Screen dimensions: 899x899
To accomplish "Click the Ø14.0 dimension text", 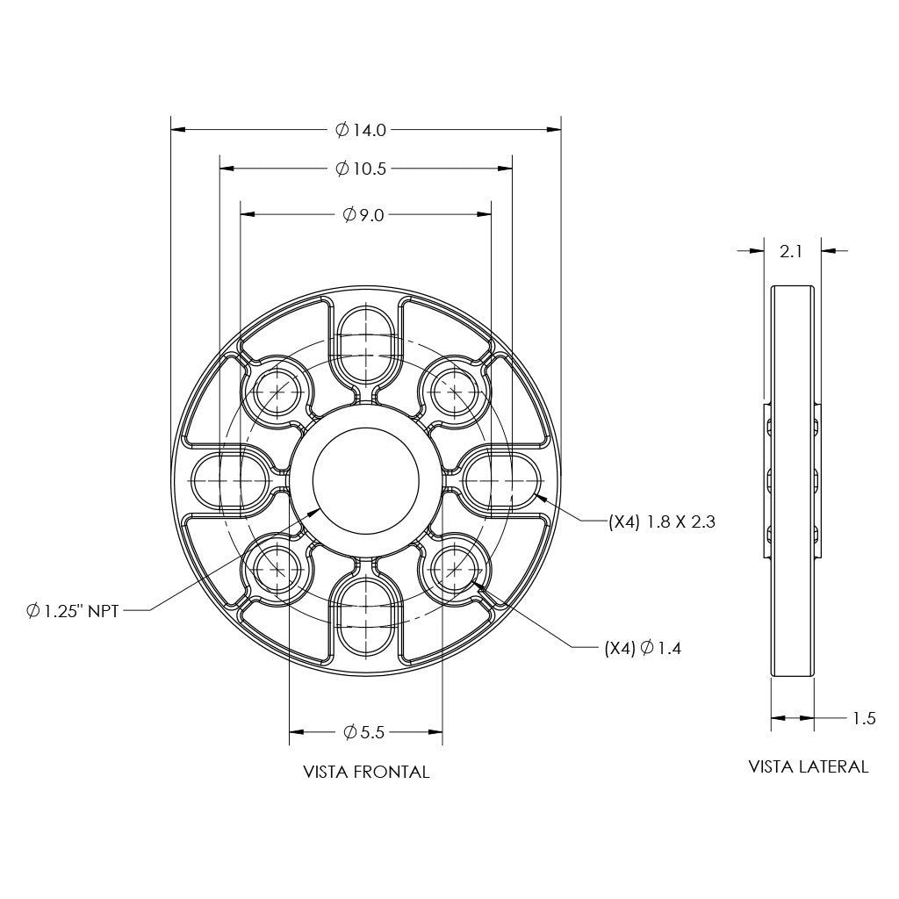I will point(360,130).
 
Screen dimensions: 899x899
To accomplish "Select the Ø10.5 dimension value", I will point(361,169).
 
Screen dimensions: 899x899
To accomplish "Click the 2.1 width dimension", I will point(791,251).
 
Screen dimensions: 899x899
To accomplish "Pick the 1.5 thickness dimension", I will point(864,718).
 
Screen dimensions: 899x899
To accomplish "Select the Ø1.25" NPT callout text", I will point(72,610).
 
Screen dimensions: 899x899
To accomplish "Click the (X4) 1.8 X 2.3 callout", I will point(662,521).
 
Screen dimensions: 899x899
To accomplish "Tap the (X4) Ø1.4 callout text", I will point(643,649).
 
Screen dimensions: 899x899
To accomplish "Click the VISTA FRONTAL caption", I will point(366,773).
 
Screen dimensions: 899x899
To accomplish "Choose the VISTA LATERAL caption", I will point(808,766).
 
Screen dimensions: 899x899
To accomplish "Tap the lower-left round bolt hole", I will point(278,569).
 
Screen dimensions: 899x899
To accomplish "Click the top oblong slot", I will point(366,344).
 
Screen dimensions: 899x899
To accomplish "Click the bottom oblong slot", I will point(366,615).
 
